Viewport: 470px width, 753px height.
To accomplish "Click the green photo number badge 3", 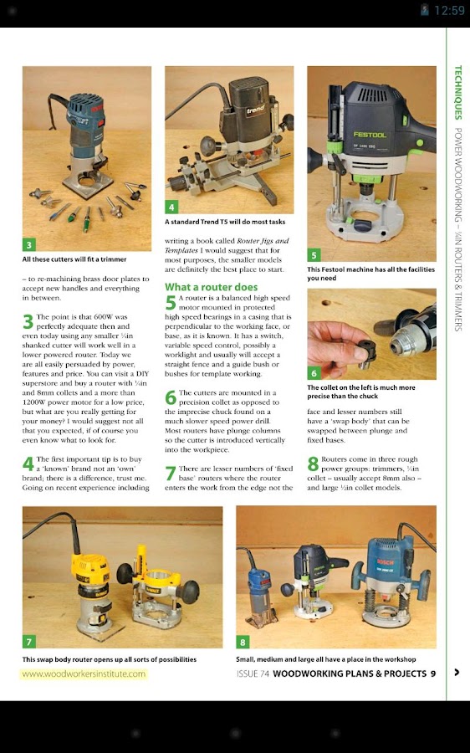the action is [28, 245].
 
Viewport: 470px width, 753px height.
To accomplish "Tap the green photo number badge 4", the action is [171, 207].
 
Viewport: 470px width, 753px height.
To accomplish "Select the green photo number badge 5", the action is [314, 255].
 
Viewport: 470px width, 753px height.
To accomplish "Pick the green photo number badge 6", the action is [314, 373].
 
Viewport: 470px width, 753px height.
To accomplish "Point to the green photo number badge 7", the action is [28, 642].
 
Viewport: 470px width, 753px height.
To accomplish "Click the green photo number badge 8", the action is [243, 642].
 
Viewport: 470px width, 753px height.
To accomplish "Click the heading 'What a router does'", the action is [212, 287].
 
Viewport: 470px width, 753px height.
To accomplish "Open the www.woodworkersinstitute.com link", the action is [84, 674].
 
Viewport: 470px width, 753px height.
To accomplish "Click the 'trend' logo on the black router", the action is [255, 110].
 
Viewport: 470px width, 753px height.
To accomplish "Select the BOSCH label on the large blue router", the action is [385, 562].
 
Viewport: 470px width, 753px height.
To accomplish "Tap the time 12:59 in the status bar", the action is [449, 11].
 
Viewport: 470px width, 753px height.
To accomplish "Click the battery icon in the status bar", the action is [424, 10].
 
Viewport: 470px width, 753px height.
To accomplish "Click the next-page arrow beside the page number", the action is [456, 673].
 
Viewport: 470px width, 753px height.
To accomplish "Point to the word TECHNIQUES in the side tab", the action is [458, 93].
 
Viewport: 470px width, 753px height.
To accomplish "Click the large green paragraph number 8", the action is [313, 464].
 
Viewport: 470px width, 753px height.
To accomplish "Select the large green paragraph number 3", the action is [28, 322].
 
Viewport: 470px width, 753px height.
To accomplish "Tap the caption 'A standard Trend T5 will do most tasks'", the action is [225, 222].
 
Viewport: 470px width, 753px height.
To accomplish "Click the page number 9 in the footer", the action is [433, 674].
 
